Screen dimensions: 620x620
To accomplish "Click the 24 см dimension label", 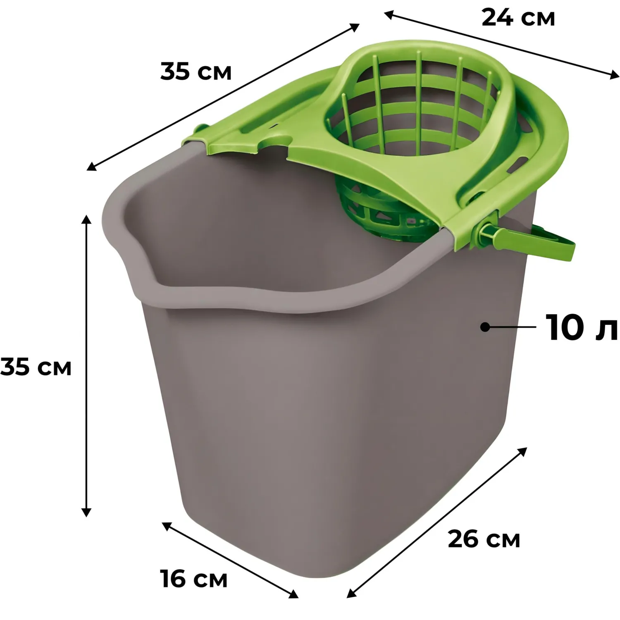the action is point(518,18).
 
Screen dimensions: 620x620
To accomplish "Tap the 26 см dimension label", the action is point(484,539).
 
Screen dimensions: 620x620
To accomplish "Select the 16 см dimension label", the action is point(194,578).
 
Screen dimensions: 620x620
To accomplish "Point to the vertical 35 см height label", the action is point(36,367).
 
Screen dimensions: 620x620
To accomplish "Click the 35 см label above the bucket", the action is point(196,71).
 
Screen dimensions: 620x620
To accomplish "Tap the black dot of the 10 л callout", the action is point(485,327).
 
